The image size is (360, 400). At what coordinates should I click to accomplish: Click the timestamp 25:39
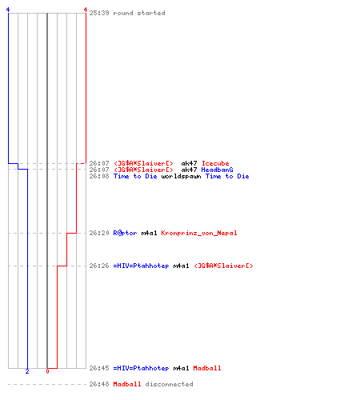tap(99, 13)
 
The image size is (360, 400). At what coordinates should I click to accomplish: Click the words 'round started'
tap(139, 13)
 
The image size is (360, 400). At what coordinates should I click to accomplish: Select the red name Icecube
tap(215, 163)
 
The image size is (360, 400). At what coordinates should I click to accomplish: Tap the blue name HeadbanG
tap(217, 170)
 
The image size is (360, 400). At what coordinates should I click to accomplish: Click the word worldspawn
tap(181, 176)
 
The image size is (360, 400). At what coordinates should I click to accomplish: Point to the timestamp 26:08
tap(99, 176)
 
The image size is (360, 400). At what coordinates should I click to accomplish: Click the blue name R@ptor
tap(125, 233)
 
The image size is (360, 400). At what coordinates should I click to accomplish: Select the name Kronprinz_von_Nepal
tap(199, 233)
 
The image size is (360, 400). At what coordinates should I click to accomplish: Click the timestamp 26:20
tap(99, 233)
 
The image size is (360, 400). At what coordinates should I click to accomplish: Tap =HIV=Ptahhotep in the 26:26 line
tap(141, 266)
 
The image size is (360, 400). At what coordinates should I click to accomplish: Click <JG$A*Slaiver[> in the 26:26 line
tap(223, 266)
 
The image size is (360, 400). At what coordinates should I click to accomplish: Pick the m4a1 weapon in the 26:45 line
tap(181, 368)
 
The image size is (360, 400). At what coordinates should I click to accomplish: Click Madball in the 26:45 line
tap(207, 368)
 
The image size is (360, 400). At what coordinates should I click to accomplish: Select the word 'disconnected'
tap(169, 384)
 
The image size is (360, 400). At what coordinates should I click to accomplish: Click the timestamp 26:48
tap(99, 384)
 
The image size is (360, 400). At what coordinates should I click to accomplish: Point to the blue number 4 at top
tap(8, 10)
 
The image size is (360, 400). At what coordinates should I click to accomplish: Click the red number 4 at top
tap(86, 10)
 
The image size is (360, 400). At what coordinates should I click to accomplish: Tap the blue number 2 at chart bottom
tap(27, 371)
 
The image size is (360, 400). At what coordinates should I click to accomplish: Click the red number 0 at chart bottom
tap(47, 371)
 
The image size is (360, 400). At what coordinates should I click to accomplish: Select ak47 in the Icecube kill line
tap(189, 163)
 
